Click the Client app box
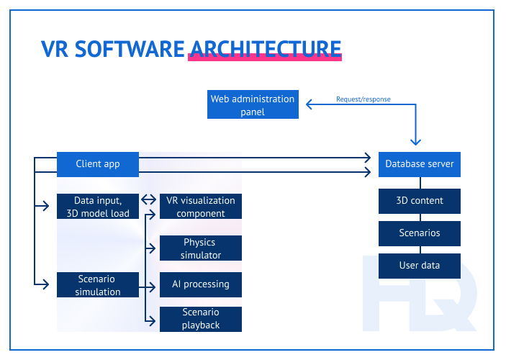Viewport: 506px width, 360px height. [x=98, y=164]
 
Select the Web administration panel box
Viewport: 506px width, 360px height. [x=253, y=105]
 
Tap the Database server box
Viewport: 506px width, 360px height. [x=420, y=164]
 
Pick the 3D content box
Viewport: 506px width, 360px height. [x=420, y=201]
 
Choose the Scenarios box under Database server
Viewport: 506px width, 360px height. [x=420, y=233]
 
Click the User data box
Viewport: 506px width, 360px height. [x=420, y=266]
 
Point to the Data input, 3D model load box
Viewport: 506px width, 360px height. [x=98, y=207]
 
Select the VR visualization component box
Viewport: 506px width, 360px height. [x=201, y=207]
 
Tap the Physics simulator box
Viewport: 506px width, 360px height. [x=201, y=248]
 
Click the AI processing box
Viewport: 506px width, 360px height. [x=201, y=284]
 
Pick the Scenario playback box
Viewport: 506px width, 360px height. [x=201, y=319]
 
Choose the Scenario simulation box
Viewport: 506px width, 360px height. [x=98, y=284]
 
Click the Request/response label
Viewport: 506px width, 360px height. [x=363, y=99]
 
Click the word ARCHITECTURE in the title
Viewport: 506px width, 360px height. [x=264, y=49]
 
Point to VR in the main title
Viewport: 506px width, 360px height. [x=55, y=49]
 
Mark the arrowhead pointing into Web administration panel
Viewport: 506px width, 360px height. [x=310, y=105]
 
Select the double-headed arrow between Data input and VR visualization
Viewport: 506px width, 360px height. [x=149, y=199]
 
